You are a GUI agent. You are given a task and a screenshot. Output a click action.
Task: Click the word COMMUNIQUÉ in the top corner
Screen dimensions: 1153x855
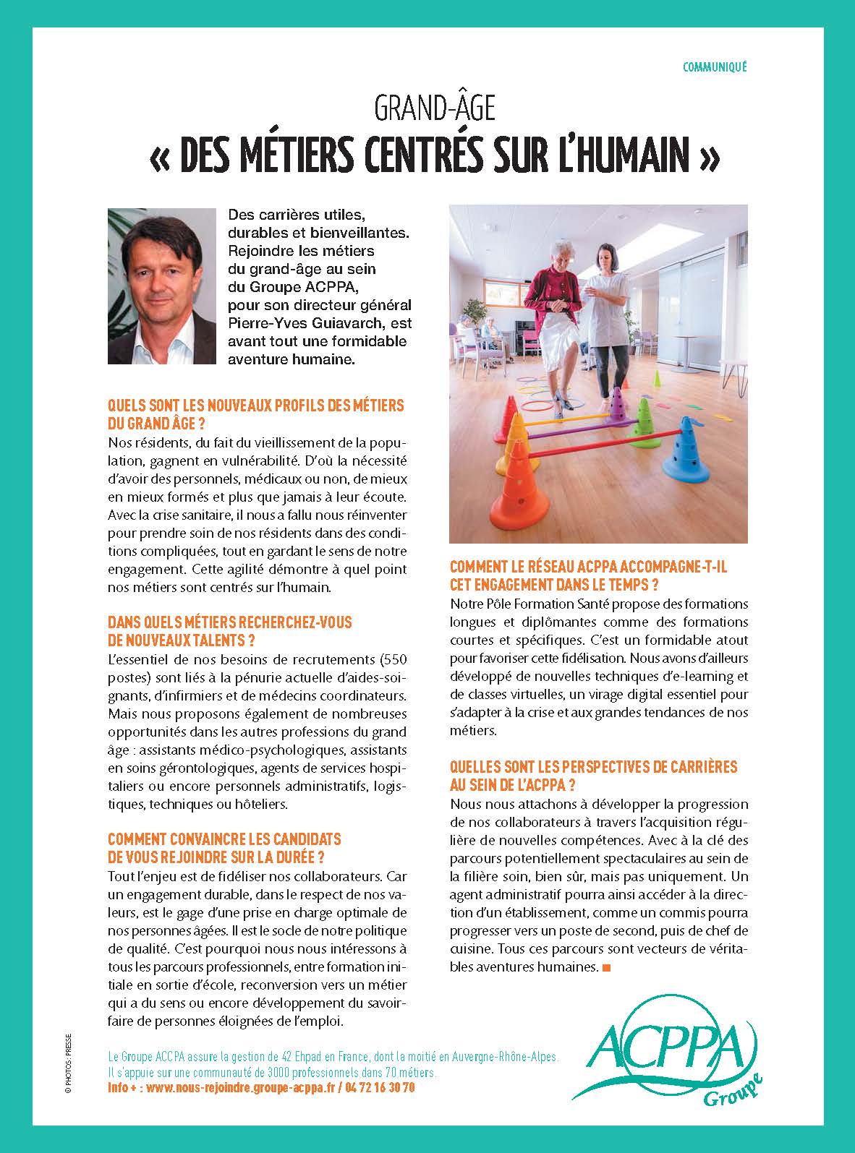coord(714,67)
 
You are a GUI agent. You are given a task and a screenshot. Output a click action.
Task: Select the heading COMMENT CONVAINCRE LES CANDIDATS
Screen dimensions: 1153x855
coord(224,840)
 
